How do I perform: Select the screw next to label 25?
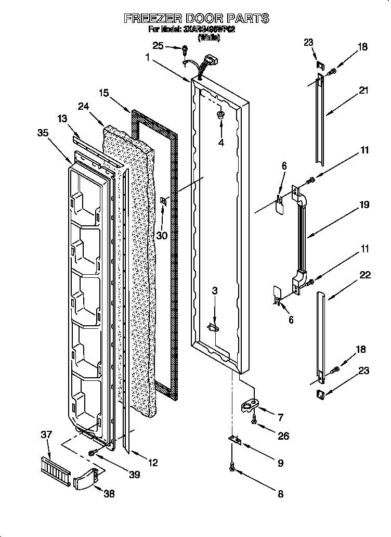185,49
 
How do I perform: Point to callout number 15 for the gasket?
104,93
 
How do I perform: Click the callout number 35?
44,133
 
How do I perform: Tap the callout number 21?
363,90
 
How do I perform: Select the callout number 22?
366,275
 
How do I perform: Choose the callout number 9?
280,463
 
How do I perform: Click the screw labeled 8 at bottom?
232,469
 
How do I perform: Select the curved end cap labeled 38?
85,478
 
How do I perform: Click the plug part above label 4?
220,114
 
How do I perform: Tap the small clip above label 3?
213,327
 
